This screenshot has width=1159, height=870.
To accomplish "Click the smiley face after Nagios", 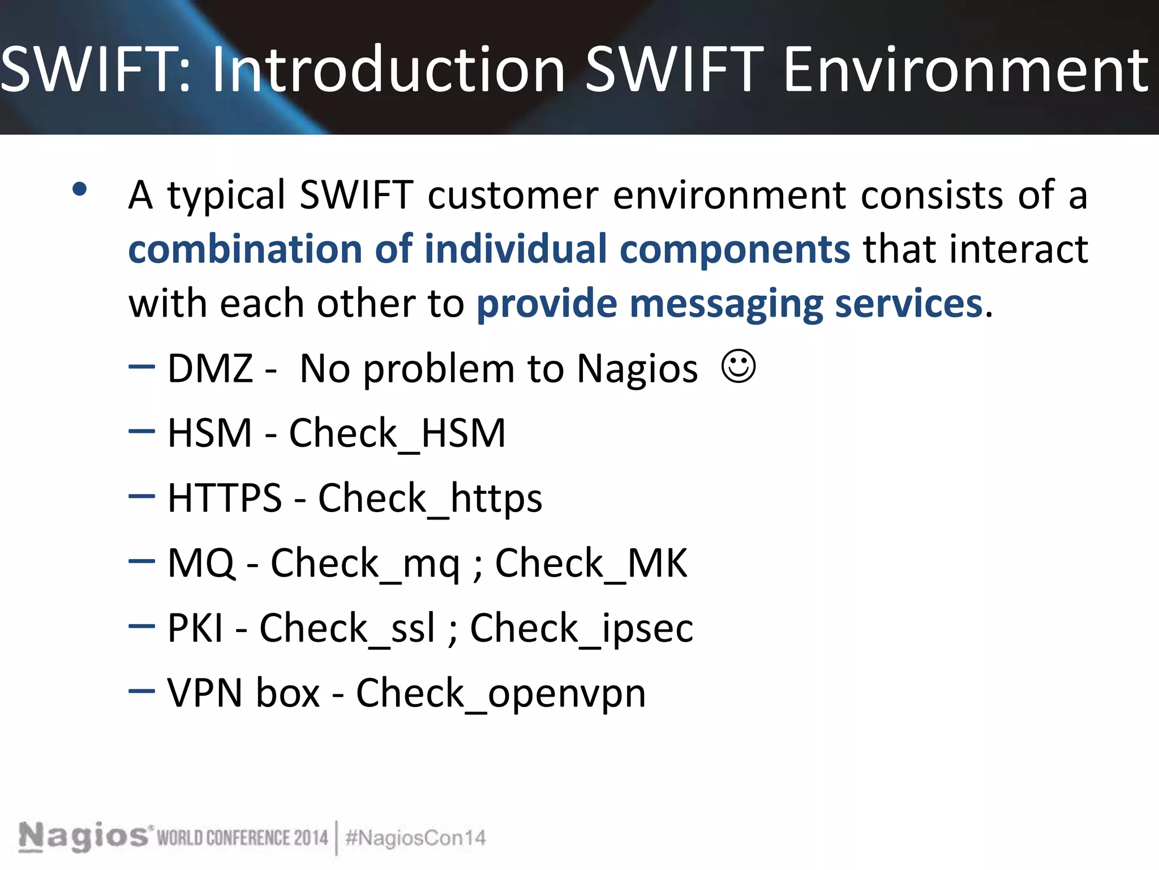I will (739, 366).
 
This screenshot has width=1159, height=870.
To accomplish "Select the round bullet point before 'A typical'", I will (80, 189).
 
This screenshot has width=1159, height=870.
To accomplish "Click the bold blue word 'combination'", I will (245, 249).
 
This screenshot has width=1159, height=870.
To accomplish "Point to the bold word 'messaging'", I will (726, 304).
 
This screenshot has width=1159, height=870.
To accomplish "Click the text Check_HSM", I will (397, 433).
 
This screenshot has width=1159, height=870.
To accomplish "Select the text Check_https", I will (430, 498).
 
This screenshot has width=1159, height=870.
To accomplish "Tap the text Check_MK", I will (591, 564).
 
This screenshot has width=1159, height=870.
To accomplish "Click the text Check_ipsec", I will (582, 629).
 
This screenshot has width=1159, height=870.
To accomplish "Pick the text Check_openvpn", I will (501, 693).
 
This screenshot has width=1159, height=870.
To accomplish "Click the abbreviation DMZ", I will (210, 369).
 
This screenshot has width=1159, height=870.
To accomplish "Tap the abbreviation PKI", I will (195, 628).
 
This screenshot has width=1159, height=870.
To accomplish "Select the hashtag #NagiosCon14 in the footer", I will (415, 838).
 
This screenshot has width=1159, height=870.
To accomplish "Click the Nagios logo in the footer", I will (83, 836).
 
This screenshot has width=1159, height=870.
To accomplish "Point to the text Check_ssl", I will (347, 629).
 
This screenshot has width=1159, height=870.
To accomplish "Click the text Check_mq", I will (365, 564).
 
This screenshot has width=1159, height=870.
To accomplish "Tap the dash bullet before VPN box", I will (141, 690).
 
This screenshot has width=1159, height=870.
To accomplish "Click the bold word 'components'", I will (735, 249).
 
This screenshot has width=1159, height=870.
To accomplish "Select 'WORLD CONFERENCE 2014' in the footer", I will (242, 838).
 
